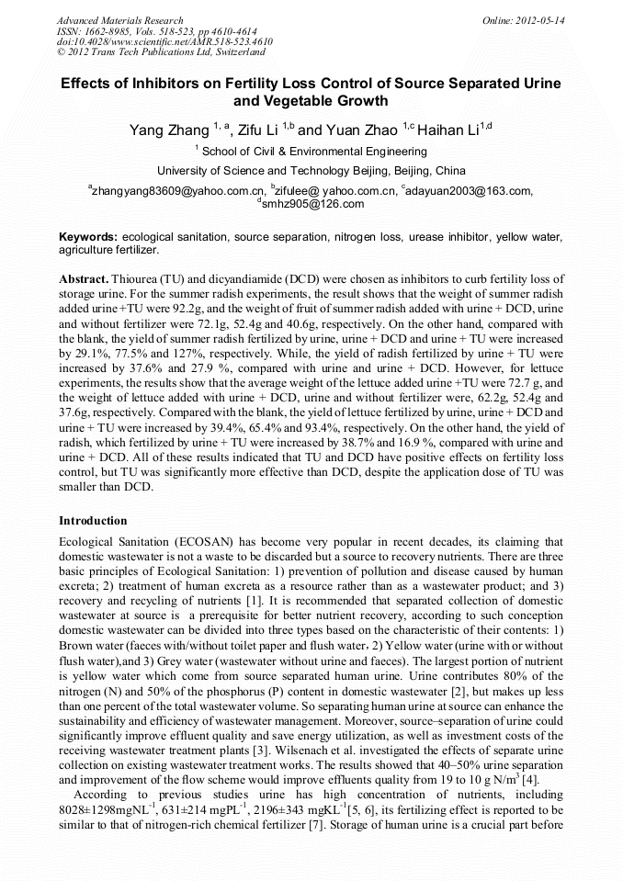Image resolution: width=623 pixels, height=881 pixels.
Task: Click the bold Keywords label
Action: (x=88, y=237)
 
